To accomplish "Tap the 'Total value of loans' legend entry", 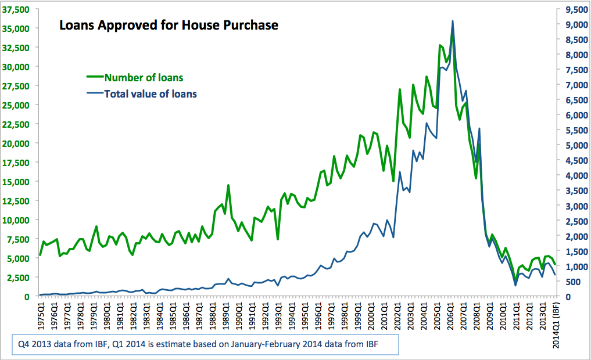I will tap(150, 93).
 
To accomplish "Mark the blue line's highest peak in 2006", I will tap(453, 21).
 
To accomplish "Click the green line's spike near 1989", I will tap(228, 185).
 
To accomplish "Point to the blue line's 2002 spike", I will tap(400, 172).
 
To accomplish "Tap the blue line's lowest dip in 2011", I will tap(515, 285).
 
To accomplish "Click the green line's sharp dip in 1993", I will tap(278, 239).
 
